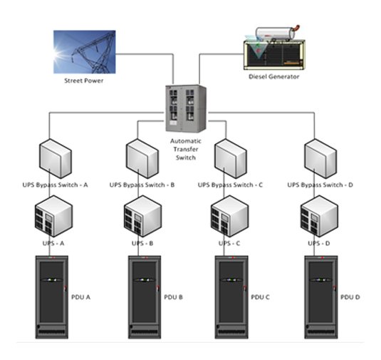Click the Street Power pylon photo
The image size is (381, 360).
click(85, 52)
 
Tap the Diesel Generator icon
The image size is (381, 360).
click(274, 48)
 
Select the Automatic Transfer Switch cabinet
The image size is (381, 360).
click(186, 108)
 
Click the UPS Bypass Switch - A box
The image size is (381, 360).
click(56, 158)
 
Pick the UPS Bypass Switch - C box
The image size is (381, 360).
click(231, 158)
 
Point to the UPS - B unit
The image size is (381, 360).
click(142, 216)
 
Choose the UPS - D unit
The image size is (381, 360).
click(319, 216)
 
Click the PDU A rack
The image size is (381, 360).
click(52, 297)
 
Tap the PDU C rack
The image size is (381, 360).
click(231, 297)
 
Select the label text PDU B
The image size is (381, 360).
click(174, 297)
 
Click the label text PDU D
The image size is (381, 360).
click(350, 297)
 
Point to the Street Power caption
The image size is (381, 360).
click(84, 81)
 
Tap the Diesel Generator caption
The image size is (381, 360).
click(274, 76)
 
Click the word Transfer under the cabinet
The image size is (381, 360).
click(186, 149)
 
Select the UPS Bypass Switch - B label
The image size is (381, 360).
click(142, 185)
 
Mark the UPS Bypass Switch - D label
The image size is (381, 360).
click(320, 185)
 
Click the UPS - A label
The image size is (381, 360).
click(53, 243)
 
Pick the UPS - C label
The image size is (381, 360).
click(229, 243)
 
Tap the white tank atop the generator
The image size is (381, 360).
click(276, 34)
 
